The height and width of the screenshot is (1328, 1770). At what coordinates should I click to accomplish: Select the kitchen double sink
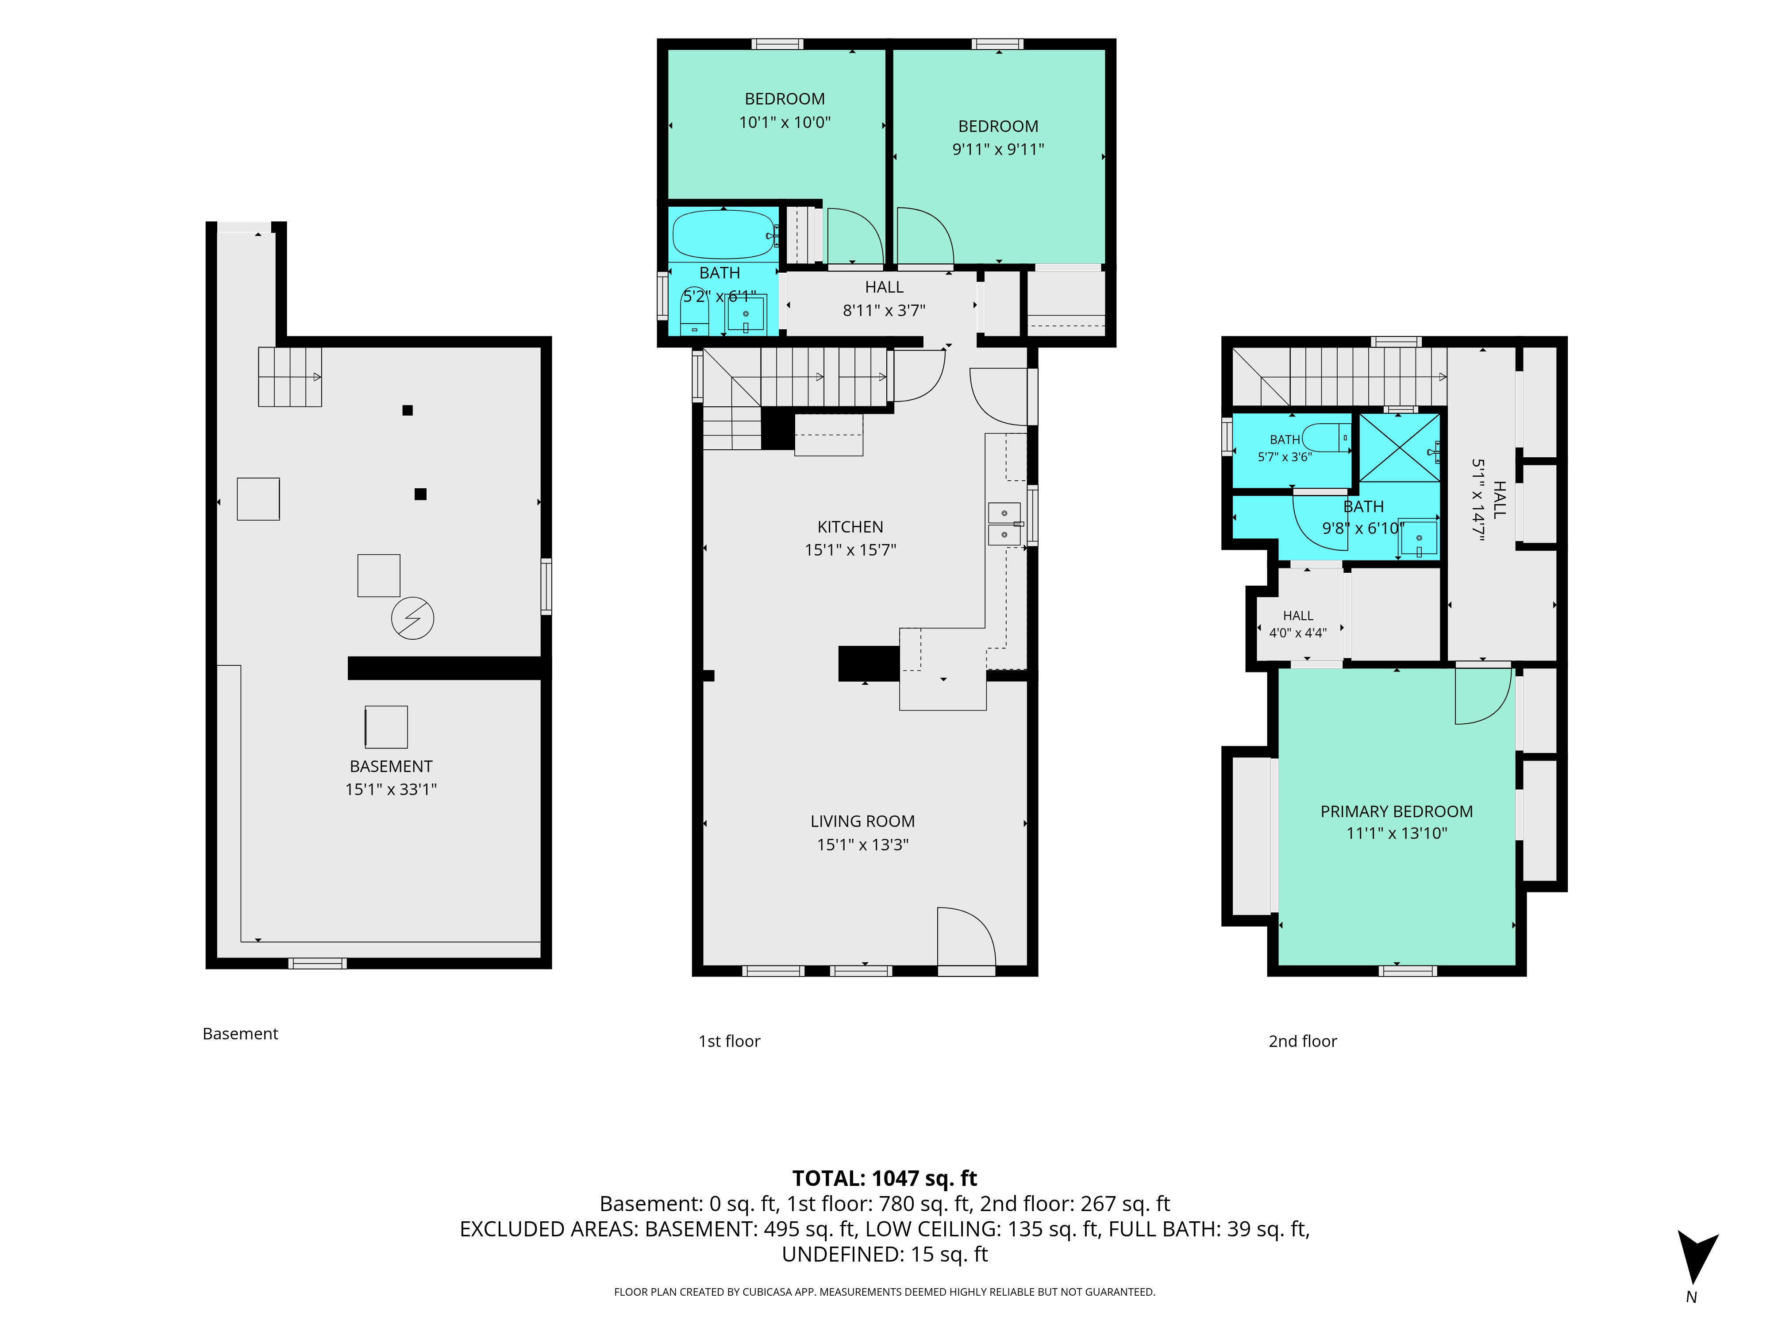tap(1004, 524)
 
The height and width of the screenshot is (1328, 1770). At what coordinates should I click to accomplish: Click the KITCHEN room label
tap(850, 527)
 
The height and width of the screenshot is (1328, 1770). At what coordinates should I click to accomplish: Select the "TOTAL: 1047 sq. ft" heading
tap(884, 1178)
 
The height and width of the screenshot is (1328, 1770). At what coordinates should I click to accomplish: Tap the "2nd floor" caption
tap(1303, 1041)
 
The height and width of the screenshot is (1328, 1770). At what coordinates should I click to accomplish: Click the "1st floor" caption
tap(729, 1041)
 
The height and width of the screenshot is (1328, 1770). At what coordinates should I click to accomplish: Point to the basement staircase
tap(290, 376)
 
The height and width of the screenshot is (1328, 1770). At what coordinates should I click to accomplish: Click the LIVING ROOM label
tap(862, 821)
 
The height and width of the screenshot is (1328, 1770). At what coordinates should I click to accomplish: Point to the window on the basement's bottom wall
tap(318, 963)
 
